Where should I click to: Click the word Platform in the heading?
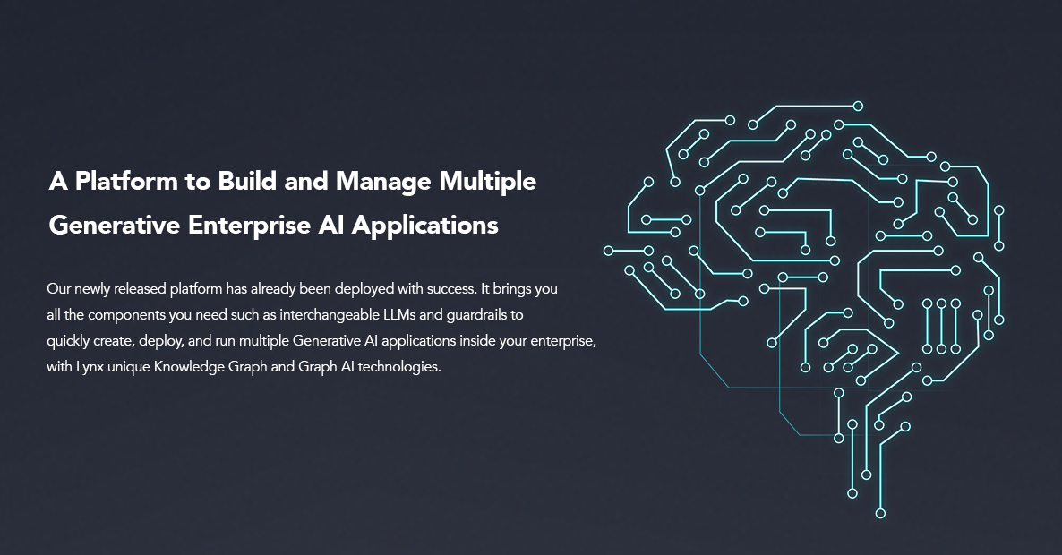(124, 182)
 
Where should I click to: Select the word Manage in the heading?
(383, 183)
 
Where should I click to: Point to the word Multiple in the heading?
(488, 183)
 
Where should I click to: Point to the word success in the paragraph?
(451, 289)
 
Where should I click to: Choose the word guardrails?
(480, 315)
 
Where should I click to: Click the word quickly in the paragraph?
(68, 341)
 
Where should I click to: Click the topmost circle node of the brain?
(858, 107)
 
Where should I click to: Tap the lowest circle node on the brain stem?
(880, 513)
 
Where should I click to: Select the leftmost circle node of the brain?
(608, 252)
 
